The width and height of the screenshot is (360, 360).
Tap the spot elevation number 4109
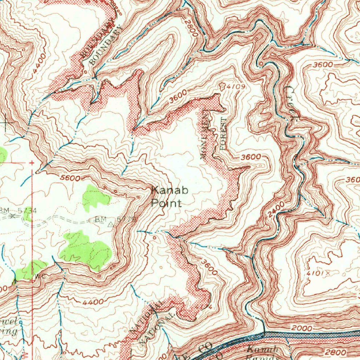pyautogui.click(x=235, y=86)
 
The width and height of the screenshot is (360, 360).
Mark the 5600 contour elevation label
pyautogui.click(x=70, y=178)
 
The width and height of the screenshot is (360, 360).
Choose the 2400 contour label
pyautogui.click(x=275, y=211)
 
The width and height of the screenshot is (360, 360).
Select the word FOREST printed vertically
pyautogui.click(x=223, y=134)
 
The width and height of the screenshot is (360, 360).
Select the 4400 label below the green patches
pyautogui.click(x=94, y=302)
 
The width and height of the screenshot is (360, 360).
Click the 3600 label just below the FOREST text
pyautogui.click(x=251, y=157)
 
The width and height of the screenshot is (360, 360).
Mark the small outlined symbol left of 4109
pyautogui.click(x=222, y=85)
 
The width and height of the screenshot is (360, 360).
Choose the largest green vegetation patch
pyautogui.click(x=86, y=250)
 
